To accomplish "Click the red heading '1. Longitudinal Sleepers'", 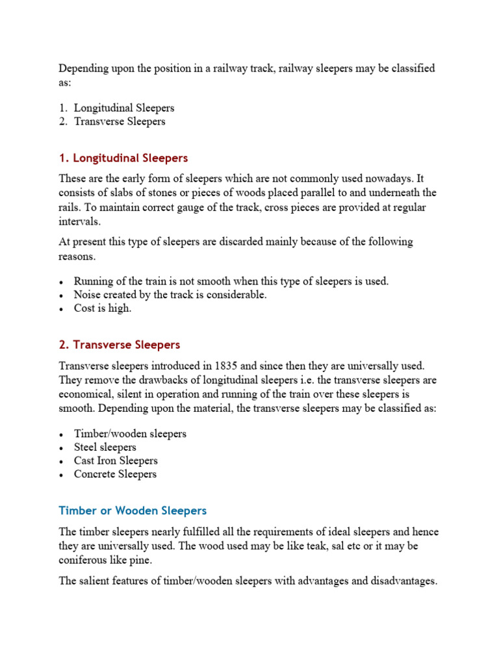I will [x=123, y=158].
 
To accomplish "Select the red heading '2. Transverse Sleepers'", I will [x=119, y=345].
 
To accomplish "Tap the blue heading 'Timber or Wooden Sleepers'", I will [x=133, y=510].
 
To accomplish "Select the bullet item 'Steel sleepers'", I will [x=105, y=447].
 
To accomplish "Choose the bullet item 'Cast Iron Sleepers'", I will [x=116, y=460].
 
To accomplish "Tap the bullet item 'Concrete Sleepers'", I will [x=115, y=474].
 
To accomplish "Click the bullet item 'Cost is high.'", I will [x=103, y=308].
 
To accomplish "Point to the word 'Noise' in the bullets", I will [x=88, y=295].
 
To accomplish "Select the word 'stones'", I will [x=163, y=193].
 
